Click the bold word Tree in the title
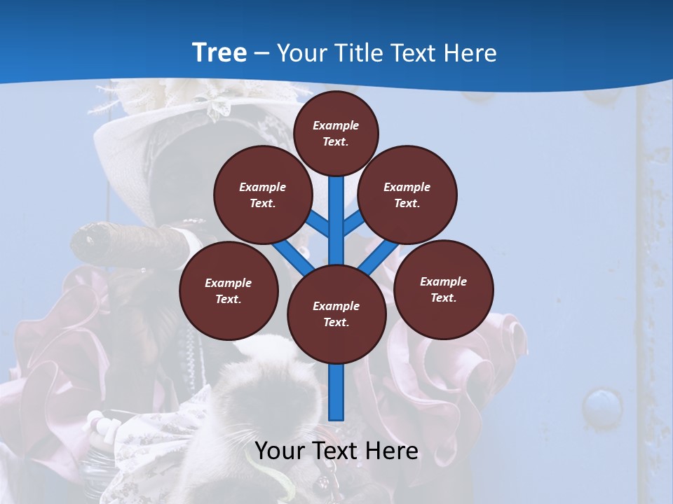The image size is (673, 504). click(x=219, y=52)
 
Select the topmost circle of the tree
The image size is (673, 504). click(x=336, y=133)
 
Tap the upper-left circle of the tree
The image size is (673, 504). click(x=262, y=195)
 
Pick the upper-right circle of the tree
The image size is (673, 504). click(x=407, y=195)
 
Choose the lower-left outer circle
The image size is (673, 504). click(x=229, y=290)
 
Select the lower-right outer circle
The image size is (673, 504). click(x=444, y=289)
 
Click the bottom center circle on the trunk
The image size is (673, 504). click(x=336, y=314)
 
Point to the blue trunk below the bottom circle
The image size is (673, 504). click(x=336, y=392)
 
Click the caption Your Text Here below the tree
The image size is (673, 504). click(x=336, y=451)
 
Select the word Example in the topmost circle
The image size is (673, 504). click(x=336, y=125)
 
